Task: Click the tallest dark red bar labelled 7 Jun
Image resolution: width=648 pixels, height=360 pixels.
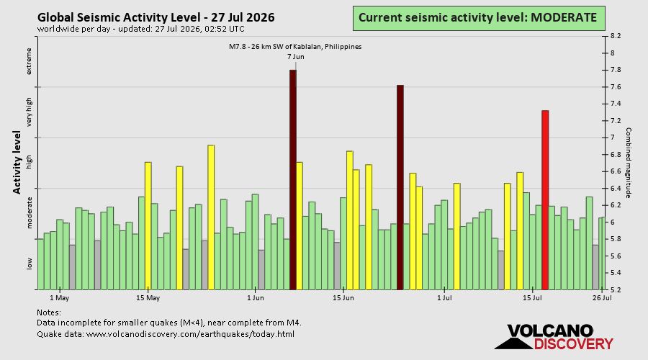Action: pos(292,180)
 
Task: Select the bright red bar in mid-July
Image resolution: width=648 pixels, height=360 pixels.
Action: pos(545,200)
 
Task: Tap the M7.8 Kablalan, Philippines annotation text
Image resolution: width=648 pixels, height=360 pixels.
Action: pos(295,47)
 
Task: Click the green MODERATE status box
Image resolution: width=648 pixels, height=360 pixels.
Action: pos(479,18)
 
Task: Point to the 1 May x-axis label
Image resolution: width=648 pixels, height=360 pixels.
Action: pos(60,298)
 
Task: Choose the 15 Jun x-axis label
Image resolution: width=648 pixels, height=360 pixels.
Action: pos(343,298)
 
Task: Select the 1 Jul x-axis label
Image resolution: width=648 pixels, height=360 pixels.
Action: pos(444,298)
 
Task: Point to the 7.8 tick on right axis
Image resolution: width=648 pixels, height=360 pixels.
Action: pos(616,70)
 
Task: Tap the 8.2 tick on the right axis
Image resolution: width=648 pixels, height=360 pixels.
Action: pos(616,37)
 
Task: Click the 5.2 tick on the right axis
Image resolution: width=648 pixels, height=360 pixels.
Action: pos(616,289)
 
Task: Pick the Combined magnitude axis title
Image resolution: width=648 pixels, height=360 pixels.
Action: pos(628,163)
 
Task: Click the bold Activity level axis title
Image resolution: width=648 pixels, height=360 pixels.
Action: pos(17,163)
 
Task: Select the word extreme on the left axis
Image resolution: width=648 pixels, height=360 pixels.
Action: pos(29,61)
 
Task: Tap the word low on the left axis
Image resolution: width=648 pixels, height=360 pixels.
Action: pos(29,264)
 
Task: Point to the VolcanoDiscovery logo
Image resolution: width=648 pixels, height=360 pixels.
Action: pos(554,337)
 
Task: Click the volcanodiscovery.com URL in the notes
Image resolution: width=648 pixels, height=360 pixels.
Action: pos(190,334)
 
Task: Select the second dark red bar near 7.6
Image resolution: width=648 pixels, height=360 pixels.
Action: pos(400,187)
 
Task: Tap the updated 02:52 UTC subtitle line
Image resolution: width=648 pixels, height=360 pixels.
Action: pos(140,29)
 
